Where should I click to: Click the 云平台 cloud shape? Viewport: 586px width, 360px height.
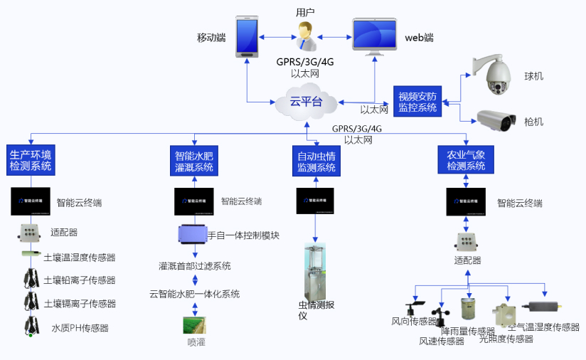[306, 102]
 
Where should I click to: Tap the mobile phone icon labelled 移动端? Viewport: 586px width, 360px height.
[247, 38]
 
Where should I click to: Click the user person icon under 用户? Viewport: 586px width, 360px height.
[307, 33]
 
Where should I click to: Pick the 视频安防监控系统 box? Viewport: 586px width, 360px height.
[418, 102]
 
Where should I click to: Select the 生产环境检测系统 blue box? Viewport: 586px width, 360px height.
[31, 160]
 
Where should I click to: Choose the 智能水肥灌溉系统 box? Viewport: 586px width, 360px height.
[195, 161]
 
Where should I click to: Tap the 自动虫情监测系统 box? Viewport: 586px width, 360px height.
[315, 161]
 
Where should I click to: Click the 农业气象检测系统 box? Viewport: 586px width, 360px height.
[466, 159]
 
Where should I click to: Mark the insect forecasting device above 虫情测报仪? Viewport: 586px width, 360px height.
[315, 272]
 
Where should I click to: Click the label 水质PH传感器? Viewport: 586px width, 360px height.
[80, 328]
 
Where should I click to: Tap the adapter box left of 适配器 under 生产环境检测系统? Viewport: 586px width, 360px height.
[29, 232]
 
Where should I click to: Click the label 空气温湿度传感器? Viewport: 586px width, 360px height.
[544, 327]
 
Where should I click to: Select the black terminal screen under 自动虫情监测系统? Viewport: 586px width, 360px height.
[315, 201]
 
